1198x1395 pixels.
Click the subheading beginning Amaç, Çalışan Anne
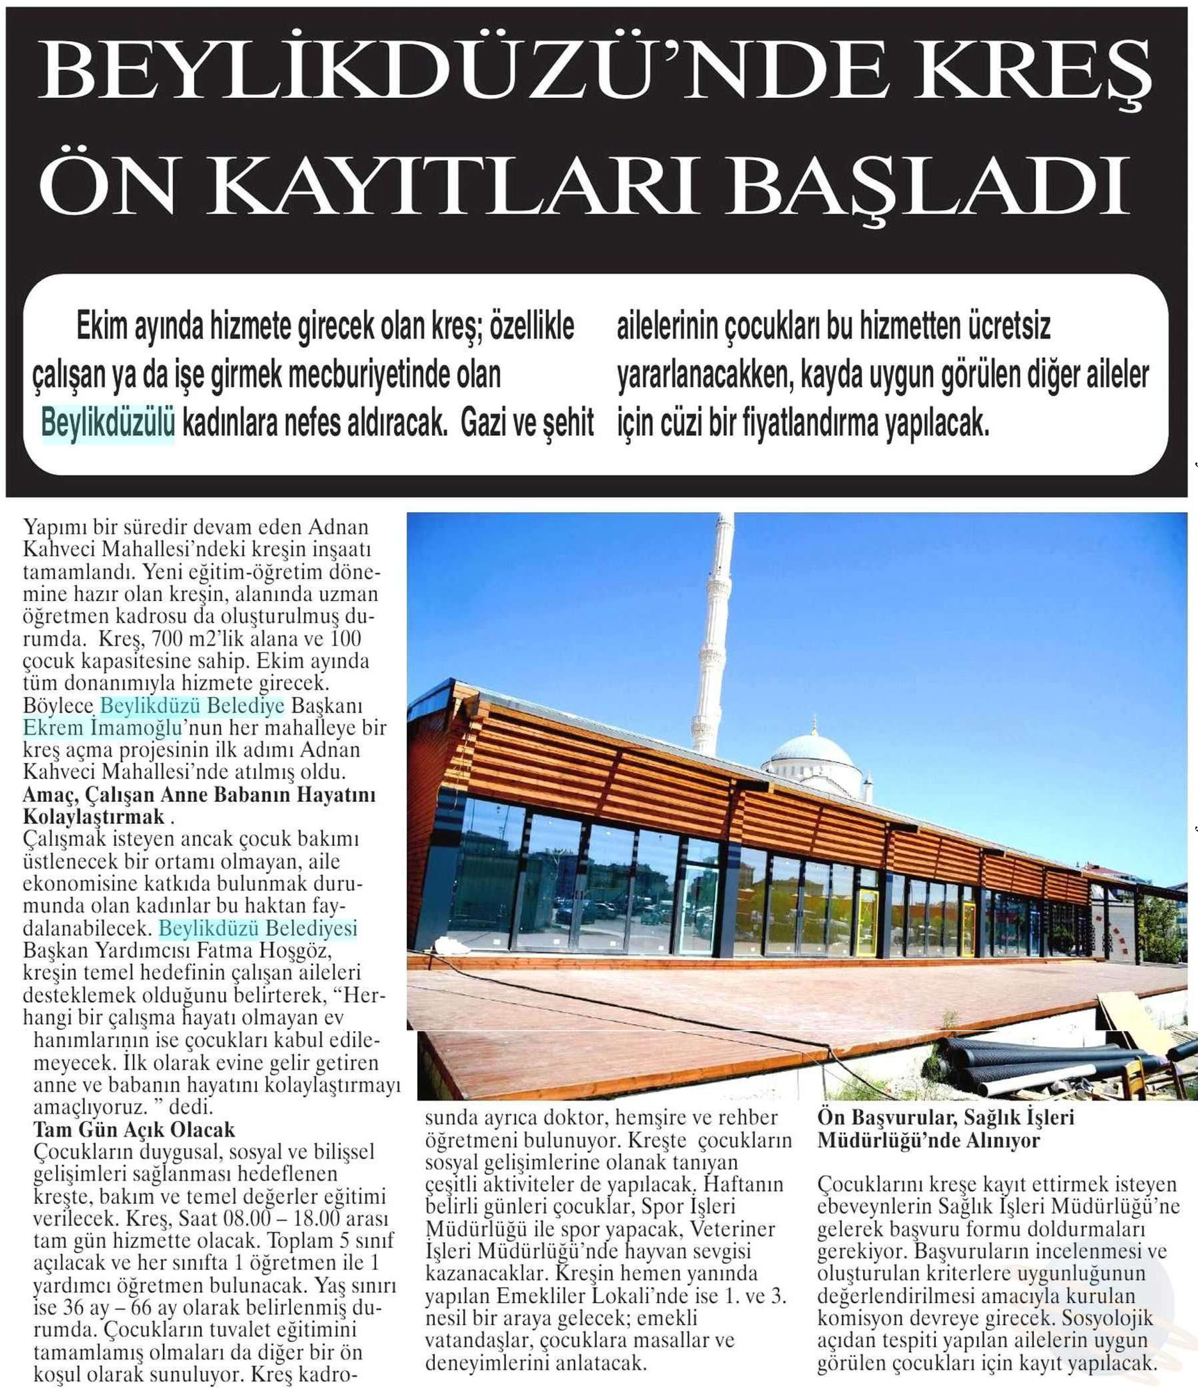pyautogui.click(x=199, y=805)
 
